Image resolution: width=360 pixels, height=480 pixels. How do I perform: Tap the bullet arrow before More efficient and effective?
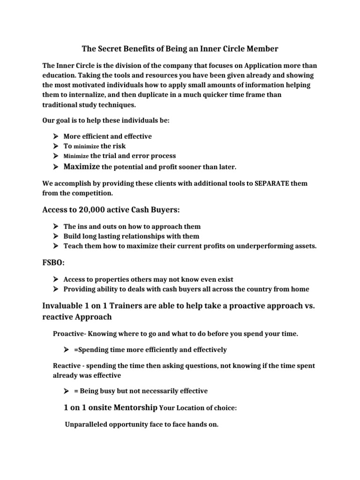click(55, 136)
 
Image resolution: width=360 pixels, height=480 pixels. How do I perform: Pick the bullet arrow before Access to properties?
click(55, 279)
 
